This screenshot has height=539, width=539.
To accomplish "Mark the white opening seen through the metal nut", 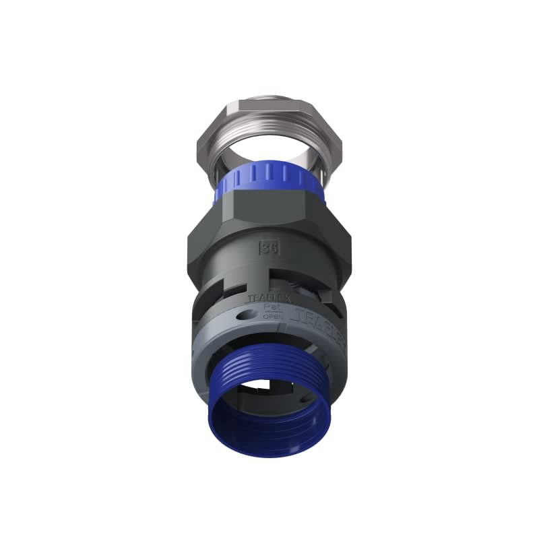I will coord(269,135).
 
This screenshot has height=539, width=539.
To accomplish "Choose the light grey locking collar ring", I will coord(222,337).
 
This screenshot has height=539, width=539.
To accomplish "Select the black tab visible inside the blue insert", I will coord(269,387).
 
